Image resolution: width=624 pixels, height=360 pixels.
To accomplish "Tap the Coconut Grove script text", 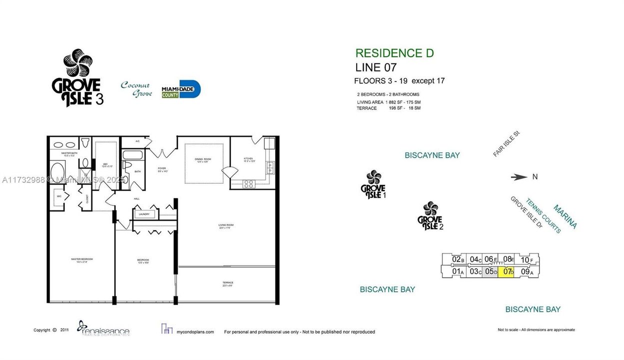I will [136, 89].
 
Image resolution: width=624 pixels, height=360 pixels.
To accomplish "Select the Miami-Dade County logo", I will [181, 89].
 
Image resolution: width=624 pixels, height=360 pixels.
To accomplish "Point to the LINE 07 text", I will [376, 67].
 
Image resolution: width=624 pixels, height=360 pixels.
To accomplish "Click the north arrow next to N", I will [519, 176].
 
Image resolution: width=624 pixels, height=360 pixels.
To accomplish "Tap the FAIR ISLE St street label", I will [506, 144].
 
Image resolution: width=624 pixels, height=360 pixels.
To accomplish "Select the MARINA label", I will [565, 216].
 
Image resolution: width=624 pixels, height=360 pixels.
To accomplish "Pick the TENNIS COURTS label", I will [543, 215].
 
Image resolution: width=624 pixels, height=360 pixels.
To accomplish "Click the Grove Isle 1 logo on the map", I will [374, 184].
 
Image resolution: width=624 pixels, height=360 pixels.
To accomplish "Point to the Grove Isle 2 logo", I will [430, 216].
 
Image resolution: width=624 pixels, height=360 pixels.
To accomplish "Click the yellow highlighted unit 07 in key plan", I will [508, 271].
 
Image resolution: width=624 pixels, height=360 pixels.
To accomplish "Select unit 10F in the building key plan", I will [527, 259].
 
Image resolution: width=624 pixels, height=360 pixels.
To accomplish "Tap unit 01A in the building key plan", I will [458, 271].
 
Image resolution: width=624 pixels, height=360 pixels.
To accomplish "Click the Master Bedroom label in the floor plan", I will [82, 259].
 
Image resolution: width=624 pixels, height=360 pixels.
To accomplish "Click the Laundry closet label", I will [144, 214].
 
